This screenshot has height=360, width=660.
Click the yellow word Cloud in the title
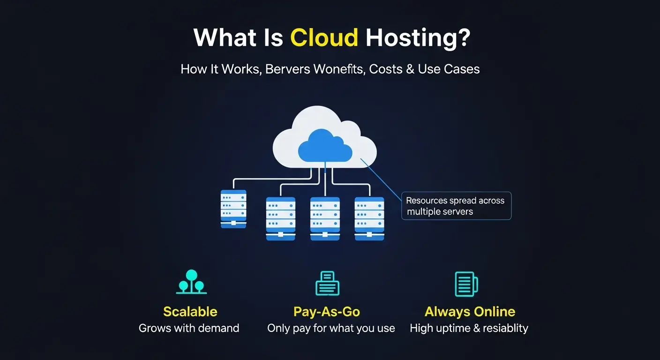pos(324,37)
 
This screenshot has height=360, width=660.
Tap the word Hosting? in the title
pos(417,37)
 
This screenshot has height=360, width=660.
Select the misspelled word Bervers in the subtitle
pos(287,69)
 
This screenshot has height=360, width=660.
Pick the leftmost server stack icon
pos(233,209)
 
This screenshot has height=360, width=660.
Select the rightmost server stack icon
pos(369,218)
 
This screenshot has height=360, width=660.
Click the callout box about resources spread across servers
pos(456,206)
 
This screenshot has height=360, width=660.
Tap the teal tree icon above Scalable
pos(191,282)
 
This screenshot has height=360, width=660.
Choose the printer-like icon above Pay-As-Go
pos(327,283)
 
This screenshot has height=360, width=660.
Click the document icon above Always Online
pos(466,284)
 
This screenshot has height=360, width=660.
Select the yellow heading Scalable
pos(190,312)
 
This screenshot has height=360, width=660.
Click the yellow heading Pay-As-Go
pos(326,312)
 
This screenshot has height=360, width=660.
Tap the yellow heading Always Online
pos(470,312)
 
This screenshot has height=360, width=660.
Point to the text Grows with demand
pos(189,328)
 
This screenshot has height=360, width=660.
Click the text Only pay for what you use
pos(331,328)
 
